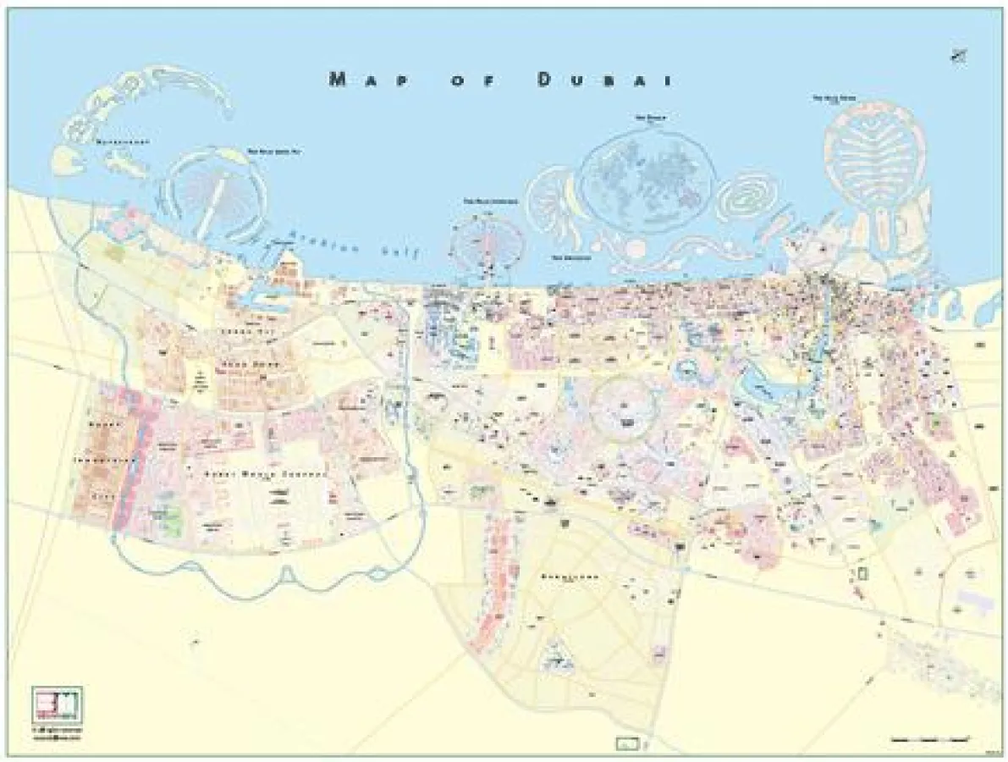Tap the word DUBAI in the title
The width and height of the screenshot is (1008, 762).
coord(604,80)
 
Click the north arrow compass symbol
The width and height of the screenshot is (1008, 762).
coord(959,57)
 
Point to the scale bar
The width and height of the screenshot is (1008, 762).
coord(930,739)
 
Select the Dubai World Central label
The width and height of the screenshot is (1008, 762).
coord(265,475)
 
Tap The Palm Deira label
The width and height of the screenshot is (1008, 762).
coord(835,98)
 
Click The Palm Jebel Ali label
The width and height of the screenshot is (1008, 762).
coord(274,152)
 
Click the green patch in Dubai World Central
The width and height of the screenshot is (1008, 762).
coord(169,519)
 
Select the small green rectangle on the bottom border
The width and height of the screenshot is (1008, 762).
coord(625,744)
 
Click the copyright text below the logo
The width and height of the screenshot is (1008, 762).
coord(57,732)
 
